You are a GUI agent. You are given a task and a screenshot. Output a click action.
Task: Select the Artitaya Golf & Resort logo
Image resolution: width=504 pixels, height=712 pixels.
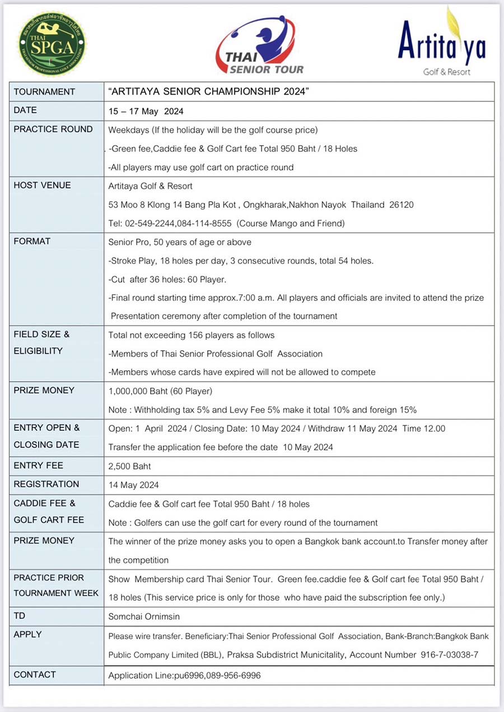pos(442,43)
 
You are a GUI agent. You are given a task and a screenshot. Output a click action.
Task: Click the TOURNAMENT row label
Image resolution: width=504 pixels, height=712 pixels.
pos(44,92)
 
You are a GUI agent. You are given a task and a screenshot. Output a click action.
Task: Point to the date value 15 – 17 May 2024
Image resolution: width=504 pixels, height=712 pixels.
pos(146,111)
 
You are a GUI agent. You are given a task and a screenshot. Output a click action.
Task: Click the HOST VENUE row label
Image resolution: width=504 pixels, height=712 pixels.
pos(42,185)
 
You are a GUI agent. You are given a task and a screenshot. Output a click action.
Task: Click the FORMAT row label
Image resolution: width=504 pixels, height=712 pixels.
pos(32,241)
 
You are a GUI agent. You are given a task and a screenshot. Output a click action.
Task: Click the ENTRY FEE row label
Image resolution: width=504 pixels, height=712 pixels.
pos(38,465)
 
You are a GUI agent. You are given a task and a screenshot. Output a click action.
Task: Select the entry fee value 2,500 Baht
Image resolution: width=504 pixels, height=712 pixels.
pos(129,466)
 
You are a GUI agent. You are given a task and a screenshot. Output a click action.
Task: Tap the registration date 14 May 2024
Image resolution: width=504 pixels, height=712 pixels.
pos(133,485)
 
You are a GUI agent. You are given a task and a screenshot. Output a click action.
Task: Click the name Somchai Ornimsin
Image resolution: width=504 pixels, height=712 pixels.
pos(144,616)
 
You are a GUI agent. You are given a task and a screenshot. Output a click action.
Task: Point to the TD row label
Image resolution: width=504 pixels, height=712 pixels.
pos(20,615)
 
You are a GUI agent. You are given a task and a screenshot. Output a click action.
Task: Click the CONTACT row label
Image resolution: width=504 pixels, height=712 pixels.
pos(35,674)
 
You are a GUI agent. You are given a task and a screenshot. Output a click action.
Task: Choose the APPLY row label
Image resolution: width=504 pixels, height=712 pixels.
pos(27,634)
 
